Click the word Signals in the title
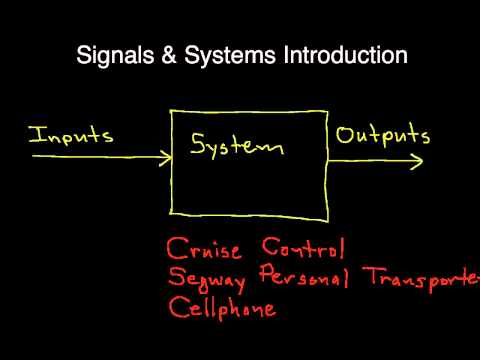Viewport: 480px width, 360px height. pyautogui.click(x=113, y=56)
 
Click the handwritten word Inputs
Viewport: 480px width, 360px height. pyautogui.click(x=70, y=136)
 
